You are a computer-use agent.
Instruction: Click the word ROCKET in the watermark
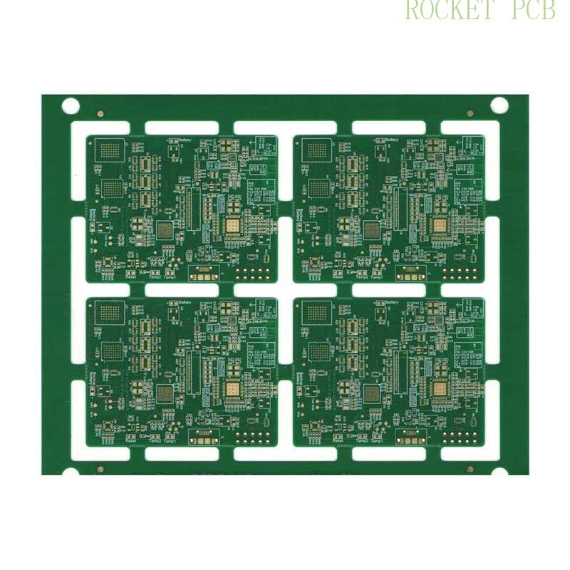click(x=449, y=10)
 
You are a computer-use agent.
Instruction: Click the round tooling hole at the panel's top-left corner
click(x=70, y=106)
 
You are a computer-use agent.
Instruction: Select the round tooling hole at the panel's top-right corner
click(x=499, y=106)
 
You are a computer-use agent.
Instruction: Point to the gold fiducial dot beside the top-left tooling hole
click(x=100, y=113)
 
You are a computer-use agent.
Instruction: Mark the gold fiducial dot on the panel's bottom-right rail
click(x=470, y=469)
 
